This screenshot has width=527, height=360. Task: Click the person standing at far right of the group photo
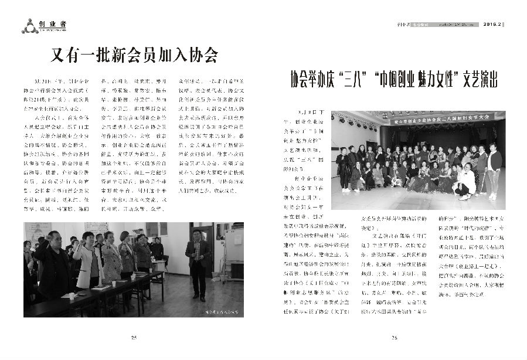tap(494, 170)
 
